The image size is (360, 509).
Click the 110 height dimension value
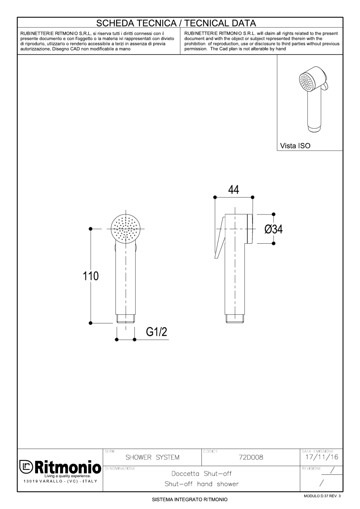pyautogui.click(x=91, y=276)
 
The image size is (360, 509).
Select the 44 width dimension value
pyautogui.click(x=233, y=189)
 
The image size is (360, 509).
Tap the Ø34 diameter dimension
pyautogui.click(x=273, y=230)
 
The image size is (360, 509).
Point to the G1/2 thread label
pyautogui.click(x=157, y=332)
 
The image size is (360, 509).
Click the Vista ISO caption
pyautogui.click(x=295, y=146)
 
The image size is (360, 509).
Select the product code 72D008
pyautogui.click(x=251, y=457)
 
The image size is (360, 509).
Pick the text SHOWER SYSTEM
pyautogui.click(x=152, y=457)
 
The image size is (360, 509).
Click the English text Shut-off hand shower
pyautogui.click(x=201, y=484)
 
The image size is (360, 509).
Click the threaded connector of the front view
pyautogui.click(x=126, y=319)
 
